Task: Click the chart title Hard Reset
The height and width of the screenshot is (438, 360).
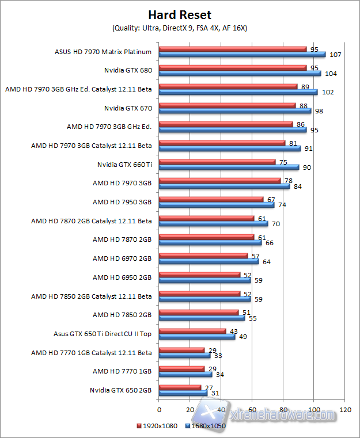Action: (x=180, y=15)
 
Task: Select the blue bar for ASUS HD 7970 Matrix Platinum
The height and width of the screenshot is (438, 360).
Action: (x=242, y=55)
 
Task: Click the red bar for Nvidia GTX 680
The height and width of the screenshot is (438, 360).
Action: (x=233, y=68)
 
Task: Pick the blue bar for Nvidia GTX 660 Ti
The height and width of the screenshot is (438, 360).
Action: (x=229, y=167)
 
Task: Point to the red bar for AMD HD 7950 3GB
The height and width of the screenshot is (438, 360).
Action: (x=211, y=200)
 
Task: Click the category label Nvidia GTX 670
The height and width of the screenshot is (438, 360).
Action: (x=128, y=108)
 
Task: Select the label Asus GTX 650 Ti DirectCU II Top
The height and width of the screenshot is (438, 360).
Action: (x=103, y=333)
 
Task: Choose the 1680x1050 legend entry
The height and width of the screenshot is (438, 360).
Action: (x=204, y=426)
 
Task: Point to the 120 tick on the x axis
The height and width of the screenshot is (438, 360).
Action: (x=345, y=410)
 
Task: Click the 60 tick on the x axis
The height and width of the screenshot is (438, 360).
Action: (x=252, y=410)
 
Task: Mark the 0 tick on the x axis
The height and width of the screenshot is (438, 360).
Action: (x=159, y=410)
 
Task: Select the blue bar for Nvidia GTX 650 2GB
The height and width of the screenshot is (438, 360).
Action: (x=183, y=393)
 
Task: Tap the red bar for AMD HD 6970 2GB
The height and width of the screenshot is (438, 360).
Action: (x=203, y=256)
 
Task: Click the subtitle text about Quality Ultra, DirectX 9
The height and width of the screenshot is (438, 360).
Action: (x=179, y=28)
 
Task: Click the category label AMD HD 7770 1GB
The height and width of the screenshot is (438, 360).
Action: (x=122, y=371)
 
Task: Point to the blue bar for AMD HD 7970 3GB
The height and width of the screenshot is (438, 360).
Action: (x=224, y=186)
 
